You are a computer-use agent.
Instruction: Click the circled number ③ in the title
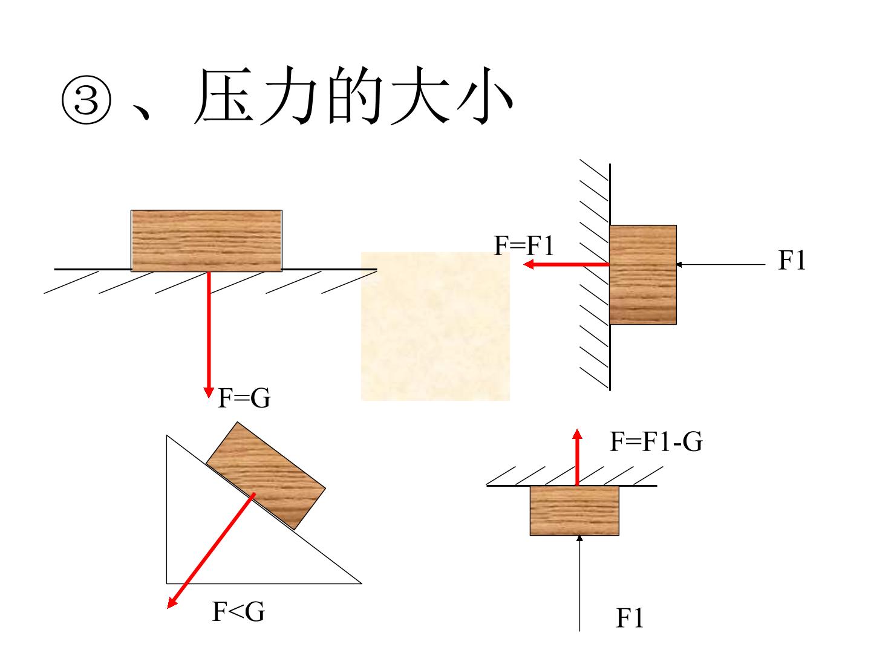coord(86,100)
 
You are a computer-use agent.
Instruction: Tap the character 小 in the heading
coord(484,96)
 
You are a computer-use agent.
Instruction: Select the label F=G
coord(244,398)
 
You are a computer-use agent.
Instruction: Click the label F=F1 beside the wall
coord(523,245)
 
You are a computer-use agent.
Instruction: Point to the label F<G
coord(238,611)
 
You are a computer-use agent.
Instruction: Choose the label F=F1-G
coord(656,441)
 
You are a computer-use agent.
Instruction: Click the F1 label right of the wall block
coord(792,260)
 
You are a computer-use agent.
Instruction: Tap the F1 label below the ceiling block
coord(629,618)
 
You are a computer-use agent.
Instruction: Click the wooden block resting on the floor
coord(206,241)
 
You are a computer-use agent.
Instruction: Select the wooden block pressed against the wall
coord(643,275)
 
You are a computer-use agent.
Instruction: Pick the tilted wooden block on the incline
coord(266,475)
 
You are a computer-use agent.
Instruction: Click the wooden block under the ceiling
coord(574,511)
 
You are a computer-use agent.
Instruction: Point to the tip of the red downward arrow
coord(208,397)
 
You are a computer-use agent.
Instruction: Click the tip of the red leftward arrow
coord(523,264)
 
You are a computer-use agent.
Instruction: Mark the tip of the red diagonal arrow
coord(168,608)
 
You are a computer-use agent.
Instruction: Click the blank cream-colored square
coord(435,326)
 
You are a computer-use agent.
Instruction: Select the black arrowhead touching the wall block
coord(679,264)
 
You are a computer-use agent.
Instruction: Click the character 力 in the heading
coord(290,96)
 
